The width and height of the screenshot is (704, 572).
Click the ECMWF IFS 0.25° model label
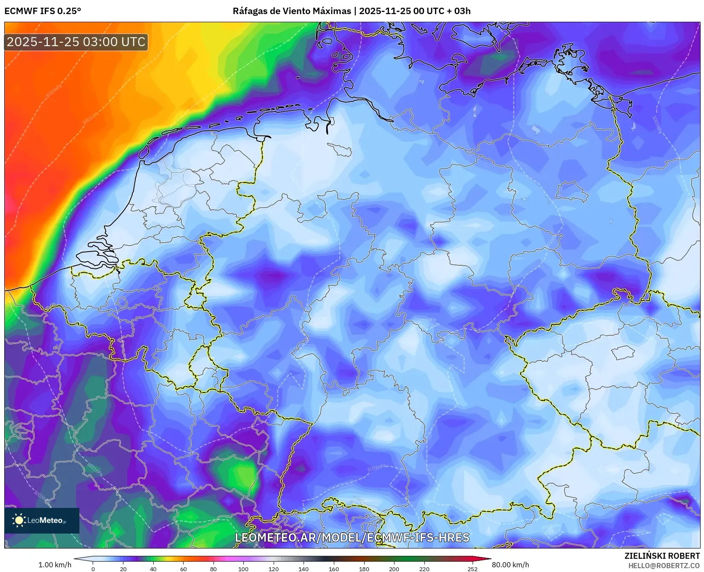(43, 11)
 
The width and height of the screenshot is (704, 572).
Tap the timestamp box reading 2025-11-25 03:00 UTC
(76, 42)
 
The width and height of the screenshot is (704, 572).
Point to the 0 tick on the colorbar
(93, 569)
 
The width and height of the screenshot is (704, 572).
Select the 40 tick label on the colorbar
(153, 569)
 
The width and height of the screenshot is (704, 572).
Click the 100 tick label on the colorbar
(243, 569)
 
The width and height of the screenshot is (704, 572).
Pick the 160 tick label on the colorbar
(334, 569)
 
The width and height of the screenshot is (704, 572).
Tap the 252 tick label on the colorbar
(472, 569)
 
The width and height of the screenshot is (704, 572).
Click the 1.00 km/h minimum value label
(55, 565)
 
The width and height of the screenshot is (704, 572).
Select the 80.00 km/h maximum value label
(510, 565)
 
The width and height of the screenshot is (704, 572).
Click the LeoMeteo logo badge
(42, 520)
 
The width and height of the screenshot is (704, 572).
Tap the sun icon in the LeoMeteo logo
(19, 520)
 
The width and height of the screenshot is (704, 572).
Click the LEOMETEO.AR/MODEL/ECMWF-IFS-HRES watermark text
(352, 537)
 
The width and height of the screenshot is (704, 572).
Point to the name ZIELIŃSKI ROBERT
(662, 556)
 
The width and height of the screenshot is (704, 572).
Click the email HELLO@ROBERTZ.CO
(664, 566)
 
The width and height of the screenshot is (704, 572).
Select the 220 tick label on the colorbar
(424, 569)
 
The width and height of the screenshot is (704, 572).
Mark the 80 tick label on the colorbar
(213, 569)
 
